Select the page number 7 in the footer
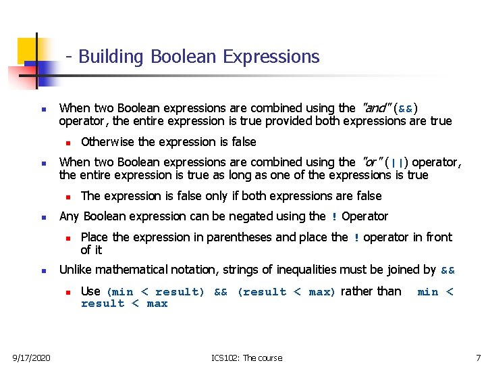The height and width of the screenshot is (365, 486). (x=478, y=358)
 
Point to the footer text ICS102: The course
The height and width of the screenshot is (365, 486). (x=246, y=358)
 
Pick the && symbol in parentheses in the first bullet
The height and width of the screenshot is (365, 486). (x=406, y=109)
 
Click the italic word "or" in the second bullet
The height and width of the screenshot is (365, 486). (x=371, y=162)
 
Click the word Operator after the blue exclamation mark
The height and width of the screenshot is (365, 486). (x=365, y=216)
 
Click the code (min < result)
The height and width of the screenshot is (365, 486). (x=155, y=292)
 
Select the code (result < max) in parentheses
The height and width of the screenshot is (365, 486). (x=287, y=292)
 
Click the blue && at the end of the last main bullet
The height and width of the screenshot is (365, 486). (x=448, y=270)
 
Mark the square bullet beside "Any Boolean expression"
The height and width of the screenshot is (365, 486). (x=43, y=218)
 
